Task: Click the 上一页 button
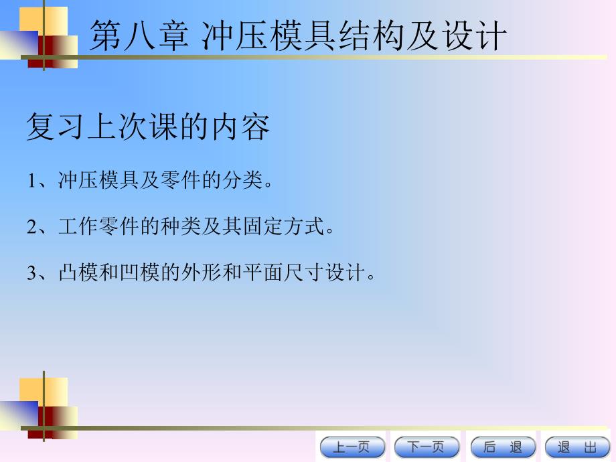(x=352, y=447)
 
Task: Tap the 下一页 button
(x=427, y=447)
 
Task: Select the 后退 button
(x=502, y=447)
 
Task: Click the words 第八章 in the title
(x=139, y=35)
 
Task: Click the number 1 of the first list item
(x=31, y=181)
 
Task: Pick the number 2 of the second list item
(x=31, y=228)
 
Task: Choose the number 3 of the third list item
(x=31, y=274)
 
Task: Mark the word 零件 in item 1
(x=177, y=181)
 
